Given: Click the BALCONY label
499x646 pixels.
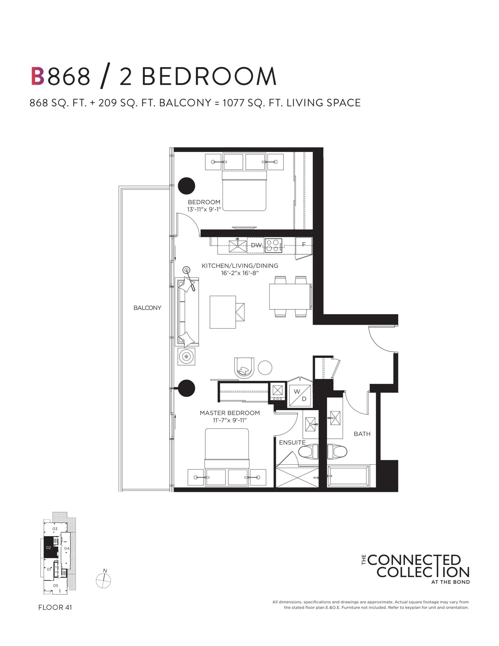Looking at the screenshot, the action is (x=147, y=308).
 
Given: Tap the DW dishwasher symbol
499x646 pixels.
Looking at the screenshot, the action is (x=256, y=245).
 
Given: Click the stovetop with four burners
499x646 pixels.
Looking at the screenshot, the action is (x=273, y=246).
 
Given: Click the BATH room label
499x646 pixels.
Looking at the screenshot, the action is (x=362, y=434).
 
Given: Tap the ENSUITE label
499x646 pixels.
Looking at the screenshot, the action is (x=292, y=443).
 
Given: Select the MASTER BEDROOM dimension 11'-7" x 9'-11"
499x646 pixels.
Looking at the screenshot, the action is (x=230, y=420).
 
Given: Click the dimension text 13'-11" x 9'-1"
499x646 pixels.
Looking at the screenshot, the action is (x=204, y=209).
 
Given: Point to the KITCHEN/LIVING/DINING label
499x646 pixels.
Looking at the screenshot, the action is (x=240, y=266).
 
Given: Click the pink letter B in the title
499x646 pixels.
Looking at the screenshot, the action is (x=38, y=76).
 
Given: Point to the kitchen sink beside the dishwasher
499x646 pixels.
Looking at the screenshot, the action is (x=238, y=246).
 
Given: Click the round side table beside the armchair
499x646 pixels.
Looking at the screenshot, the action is (x=265, y=368).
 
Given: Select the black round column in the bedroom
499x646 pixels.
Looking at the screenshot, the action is (x=186, y=186).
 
